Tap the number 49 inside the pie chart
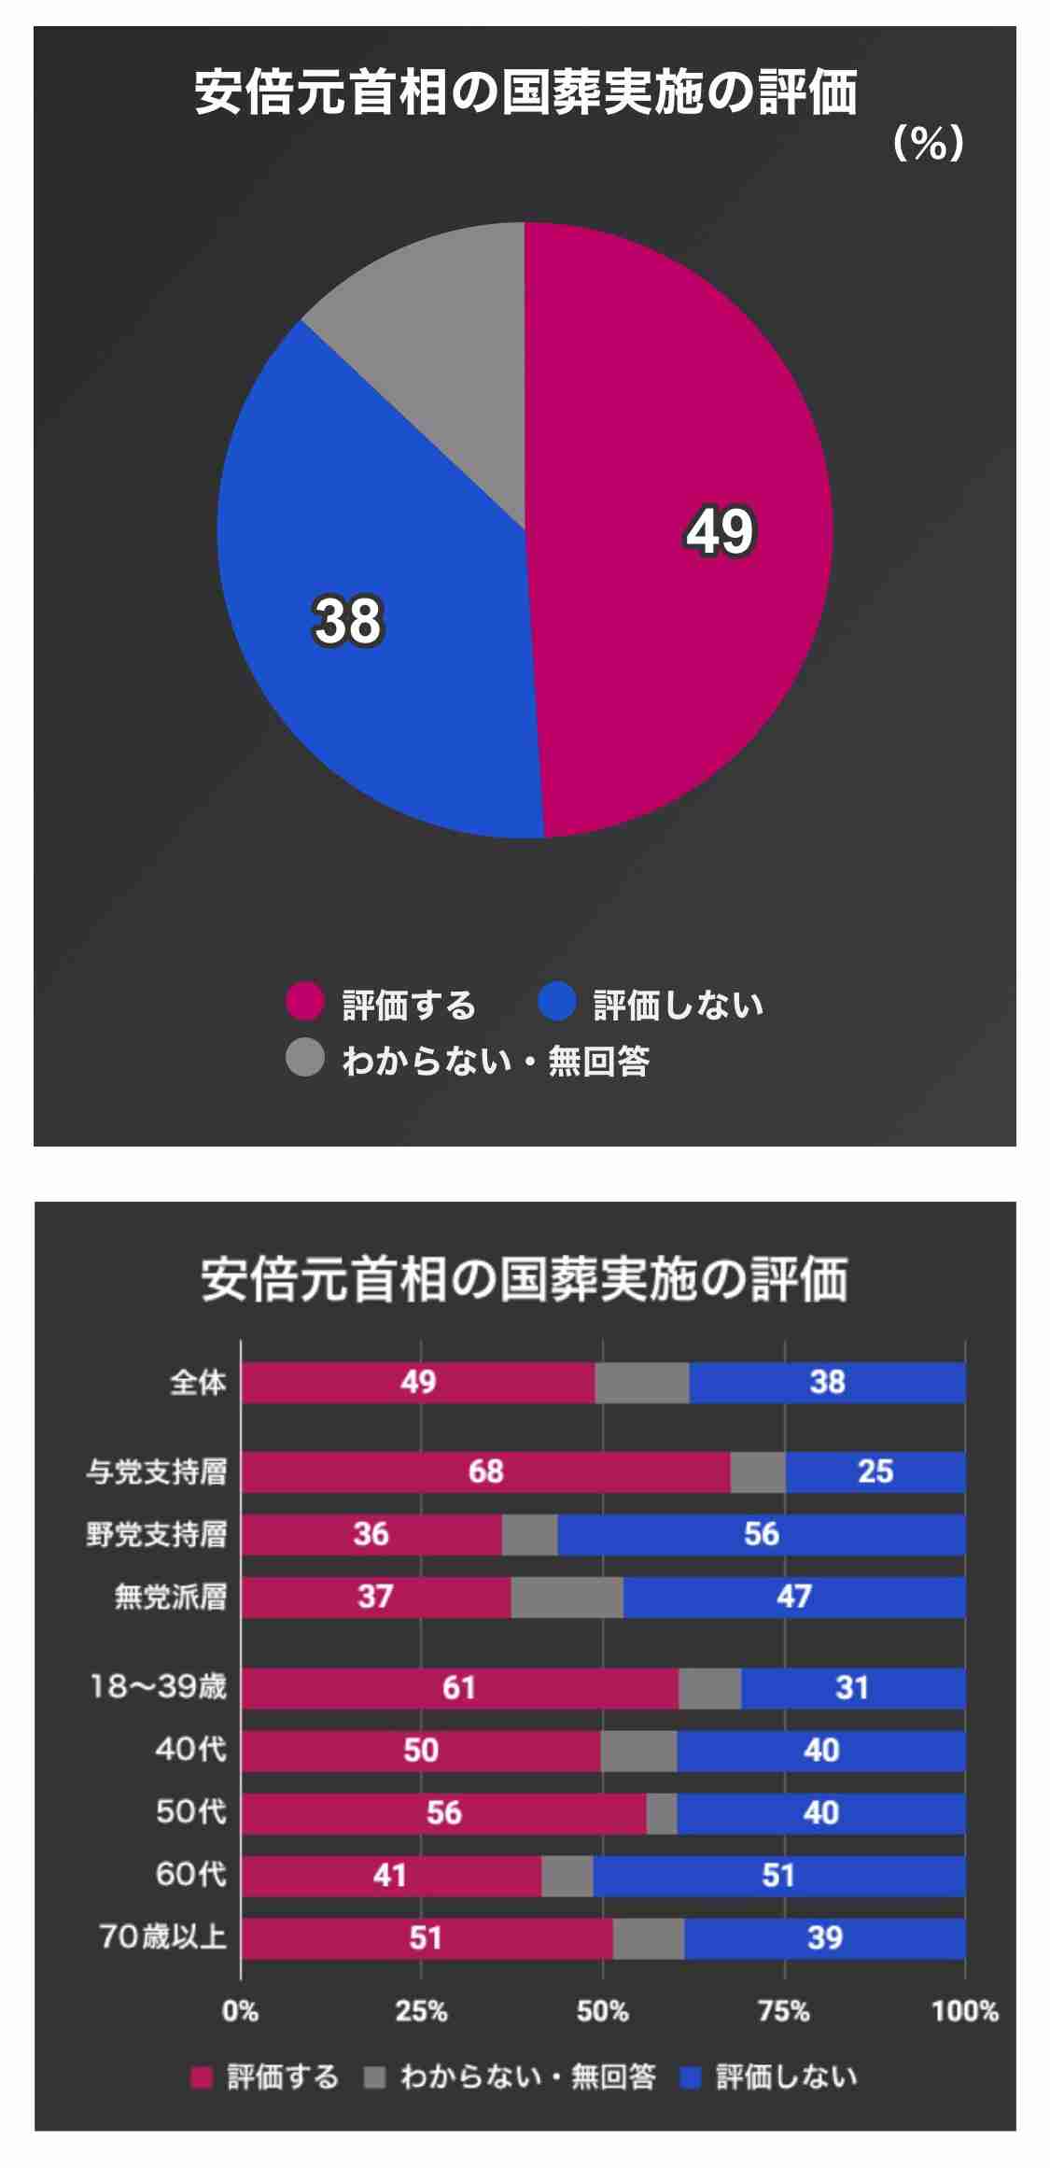click(x=720, y=531)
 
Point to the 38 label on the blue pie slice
click(x=347, y=621)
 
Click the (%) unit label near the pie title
click(x=928, y=143)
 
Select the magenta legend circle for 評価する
click(x=304, y=1002)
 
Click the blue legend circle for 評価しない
click(x=557, y=1002)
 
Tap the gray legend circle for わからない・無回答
click(x=304, y=1058)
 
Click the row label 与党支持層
click(x=157, y=1471)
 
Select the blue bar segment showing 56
click(x=761, y=1534)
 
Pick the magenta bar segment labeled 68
click(x=485, y=1471)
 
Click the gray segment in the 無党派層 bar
click(x=567, y=1597)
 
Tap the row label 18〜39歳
click(x=158, y=1686)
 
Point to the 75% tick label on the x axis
click(x=784, y=2010)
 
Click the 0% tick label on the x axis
click(x=240, y=2010)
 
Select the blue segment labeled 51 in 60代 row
click(x=778, y=1875)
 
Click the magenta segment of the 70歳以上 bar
click(x=426, y=1937)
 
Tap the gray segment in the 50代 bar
click(x=662, y=1812)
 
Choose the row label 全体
click(x=198, y=1382)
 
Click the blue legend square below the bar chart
click(x=692, y=2076)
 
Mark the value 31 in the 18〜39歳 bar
click(x=852, y=1687)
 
